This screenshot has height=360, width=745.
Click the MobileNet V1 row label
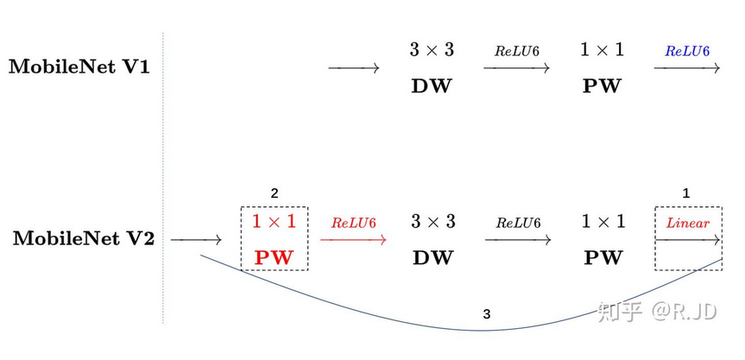[x=79, y=67]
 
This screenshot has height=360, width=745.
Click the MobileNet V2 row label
[x=84, y=239]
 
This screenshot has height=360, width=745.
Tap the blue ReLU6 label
[x=686, y=51]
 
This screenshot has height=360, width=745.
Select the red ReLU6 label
[x=353, y=223]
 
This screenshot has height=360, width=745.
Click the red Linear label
[x=687, y=223]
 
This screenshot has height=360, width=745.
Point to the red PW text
[x=274, y=257]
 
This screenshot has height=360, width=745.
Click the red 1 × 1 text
[x=274, y=221]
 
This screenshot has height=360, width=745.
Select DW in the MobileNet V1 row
[x=432, y=86]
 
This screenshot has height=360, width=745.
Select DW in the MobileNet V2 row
[x=432, y=257]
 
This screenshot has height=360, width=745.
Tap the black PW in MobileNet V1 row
[x=602, y=86]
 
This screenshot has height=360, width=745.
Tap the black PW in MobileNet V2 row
[x=602, y=257]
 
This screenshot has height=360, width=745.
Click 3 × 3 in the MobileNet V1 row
[x=432, y=50]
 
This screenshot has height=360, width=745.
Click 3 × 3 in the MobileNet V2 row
[x=432, y=222]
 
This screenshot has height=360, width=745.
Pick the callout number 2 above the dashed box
[x=275, y=193]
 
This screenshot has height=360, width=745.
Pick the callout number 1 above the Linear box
[x=686, y=193]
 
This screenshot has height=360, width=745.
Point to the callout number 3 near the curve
[x=487, y=315]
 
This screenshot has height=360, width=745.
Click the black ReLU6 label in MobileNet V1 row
[x=516, y=51]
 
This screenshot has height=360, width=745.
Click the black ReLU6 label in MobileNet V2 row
[x=517, y=223]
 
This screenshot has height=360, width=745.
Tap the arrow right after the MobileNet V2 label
[x=197, y=239]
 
